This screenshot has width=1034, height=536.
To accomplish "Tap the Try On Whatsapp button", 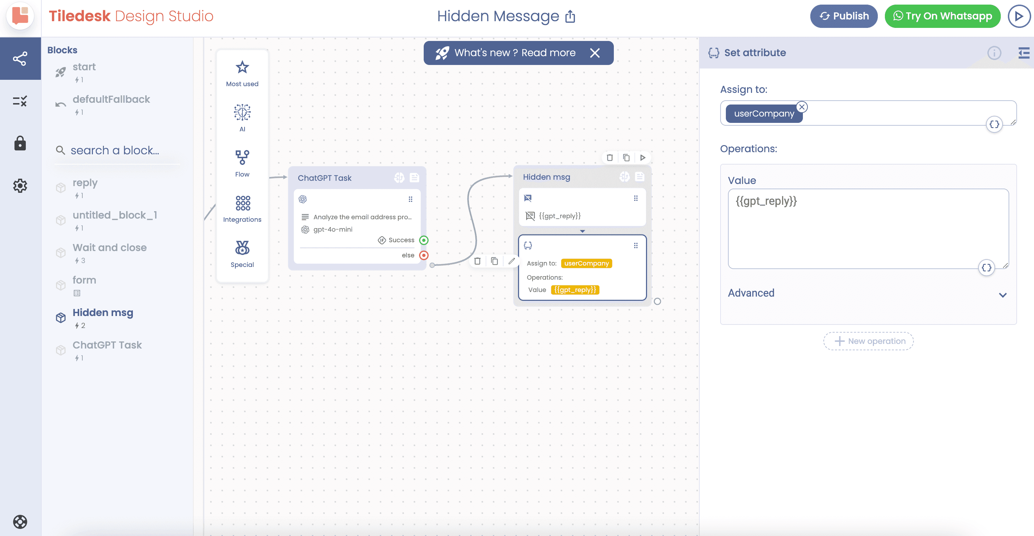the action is click(x=942, y=16).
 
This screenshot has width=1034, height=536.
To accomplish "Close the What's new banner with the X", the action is click(x=595, y=53).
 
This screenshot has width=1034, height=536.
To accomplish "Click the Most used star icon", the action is click(x=242, y=67).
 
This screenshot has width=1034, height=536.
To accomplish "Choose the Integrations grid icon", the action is click(x=243, y=203).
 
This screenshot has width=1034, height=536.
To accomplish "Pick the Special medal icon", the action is click(x=242, y=248).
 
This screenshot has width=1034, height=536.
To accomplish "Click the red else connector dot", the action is click(x=424, y=255).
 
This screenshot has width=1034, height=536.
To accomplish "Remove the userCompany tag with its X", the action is click(x=801, y=107).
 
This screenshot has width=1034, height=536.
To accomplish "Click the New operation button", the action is click(x=868, y=341).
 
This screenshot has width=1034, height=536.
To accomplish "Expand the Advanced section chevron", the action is click(x=1003, y=295).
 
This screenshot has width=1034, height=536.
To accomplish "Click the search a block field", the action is click(x=115, y=150).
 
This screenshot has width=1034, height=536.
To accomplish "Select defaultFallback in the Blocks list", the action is click(x=111, y=100).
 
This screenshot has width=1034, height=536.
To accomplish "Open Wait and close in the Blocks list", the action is click(x=110, y=248).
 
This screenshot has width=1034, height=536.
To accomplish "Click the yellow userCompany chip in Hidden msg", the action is click(x=587, y=263).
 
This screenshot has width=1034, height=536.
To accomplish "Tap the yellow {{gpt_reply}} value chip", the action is click(x=575, y=290).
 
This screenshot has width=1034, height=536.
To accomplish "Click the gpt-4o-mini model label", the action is click(x=333, y=230).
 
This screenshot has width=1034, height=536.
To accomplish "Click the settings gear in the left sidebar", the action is click(x=20, y=186).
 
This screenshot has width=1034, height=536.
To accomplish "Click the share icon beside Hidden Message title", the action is click(x=570, y=17).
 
